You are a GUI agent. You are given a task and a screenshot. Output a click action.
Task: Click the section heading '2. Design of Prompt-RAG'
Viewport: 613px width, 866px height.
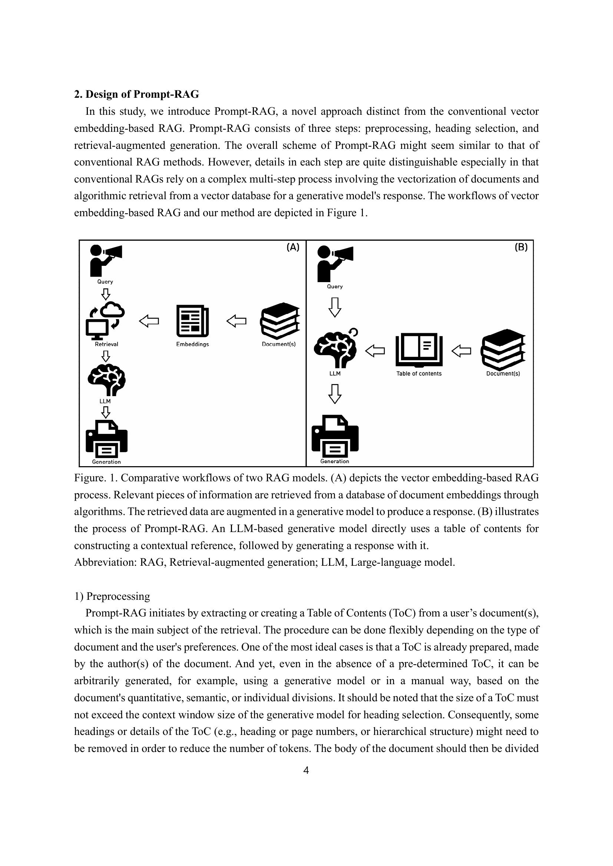click(x=136, y=94)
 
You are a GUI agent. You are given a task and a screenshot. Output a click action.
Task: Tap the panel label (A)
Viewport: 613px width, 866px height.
click(x=292, y=247)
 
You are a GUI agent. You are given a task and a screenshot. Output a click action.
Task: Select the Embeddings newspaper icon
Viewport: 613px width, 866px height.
click(x=192, y=321)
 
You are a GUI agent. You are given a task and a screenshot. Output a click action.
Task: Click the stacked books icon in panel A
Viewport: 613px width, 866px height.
click(x=280, y=321)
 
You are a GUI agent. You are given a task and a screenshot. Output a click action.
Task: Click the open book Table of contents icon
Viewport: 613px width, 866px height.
click(x=419, y=350)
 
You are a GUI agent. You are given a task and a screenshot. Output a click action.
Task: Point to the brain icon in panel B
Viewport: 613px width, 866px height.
click(x=335, y=348)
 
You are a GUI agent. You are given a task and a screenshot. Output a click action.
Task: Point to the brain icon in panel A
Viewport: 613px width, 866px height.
click(x=106, y=379)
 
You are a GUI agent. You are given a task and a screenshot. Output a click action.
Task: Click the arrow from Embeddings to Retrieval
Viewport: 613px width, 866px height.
click(x=149, y=321)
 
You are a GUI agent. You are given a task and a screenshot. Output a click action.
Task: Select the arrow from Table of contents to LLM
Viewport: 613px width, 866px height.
click(x=375, y=351)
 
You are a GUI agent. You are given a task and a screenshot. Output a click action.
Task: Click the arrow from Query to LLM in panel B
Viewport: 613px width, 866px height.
click(x=335, y=307)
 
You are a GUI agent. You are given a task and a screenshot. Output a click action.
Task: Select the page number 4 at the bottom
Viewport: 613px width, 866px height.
click(x=306, y=770)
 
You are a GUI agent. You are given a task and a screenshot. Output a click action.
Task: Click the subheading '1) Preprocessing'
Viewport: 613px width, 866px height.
click(x=112, y=596)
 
